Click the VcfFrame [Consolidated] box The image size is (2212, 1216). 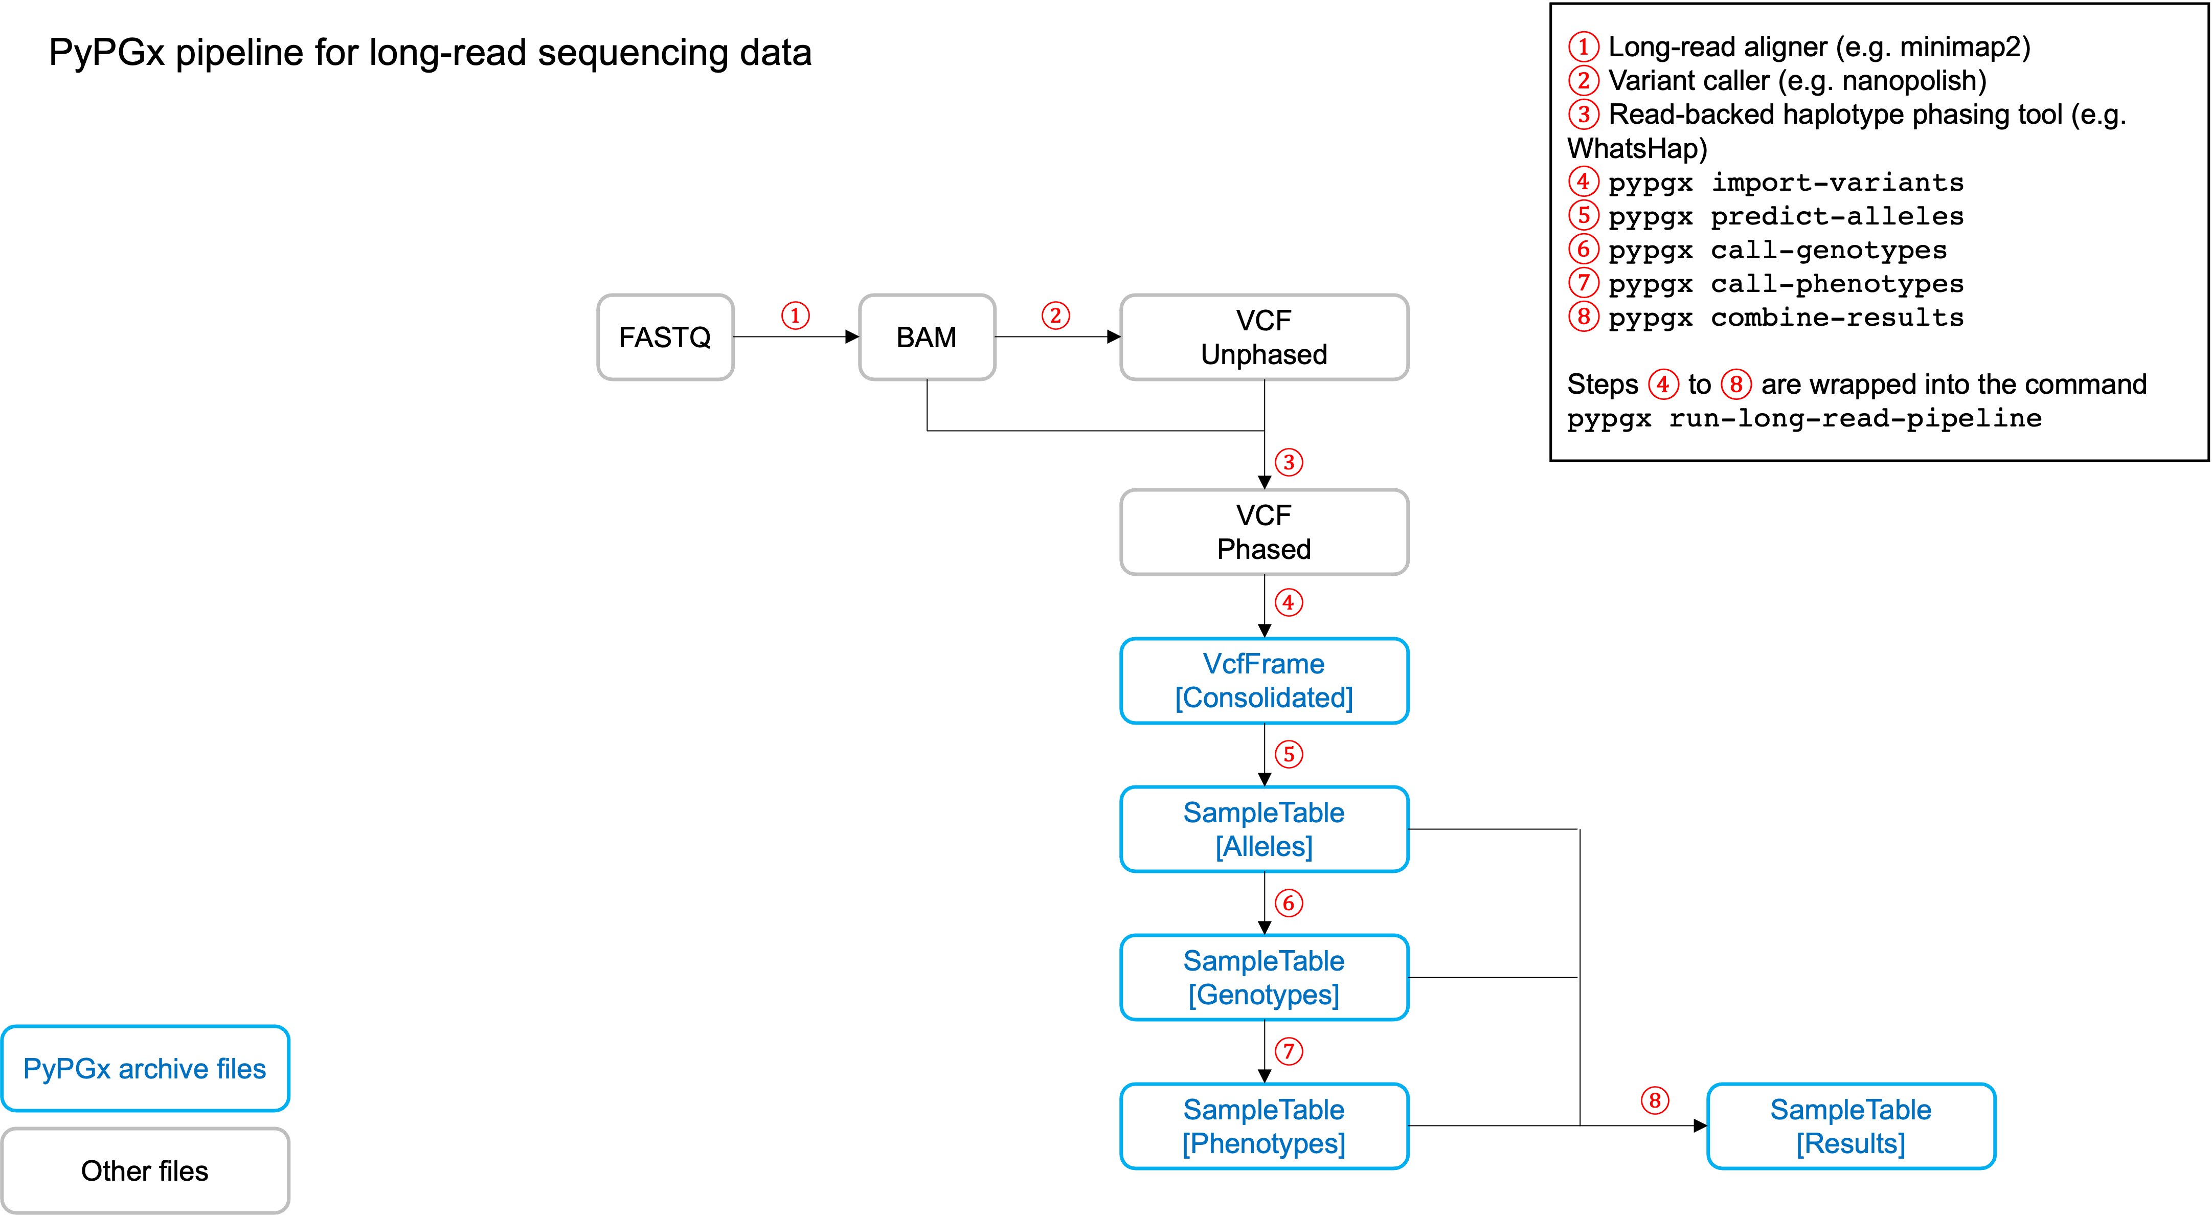pyautogui.click(x=1264, y=680)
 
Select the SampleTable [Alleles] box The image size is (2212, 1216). pyautogui.click(x=1264, y=829)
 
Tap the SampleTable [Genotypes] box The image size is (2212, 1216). pyautogui.click(x=1264, y=977)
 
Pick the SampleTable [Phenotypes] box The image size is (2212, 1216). pyautogui.click(x=1264, y=1126)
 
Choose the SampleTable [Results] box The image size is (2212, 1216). pyautogui.click(x=1850, y=1126)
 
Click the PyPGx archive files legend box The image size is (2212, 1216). pyautogui.click(x=145, y=1068)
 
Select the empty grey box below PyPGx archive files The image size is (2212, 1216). pyautogui.click(x=145, y=1170)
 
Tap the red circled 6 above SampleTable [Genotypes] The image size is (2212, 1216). pyautogui.click(x=1288, y=903)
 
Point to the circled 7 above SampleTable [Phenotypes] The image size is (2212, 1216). pyautogui.click(x=1288, y=1051)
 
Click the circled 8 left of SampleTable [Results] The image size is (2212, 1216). pyautogui.click(x=1655, y=1100)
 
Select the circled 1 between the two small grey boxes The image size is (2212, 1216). pyautogui.click(x=795, y=315)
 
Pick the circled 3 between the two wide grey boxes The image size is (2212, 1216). pyautogui.click(x=1288, y=462)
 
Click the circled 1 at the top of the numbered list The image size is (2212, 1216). pyautogui.click(x=1584, y=47)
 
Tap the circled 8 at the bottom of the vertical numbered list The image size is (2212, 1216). pyautogui.click(x=1584, y=316)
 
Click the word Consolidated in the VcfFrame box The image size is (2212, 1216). pyautogui.click(x=1264, y=697)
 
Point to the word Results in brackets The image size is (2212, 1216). pyautogui.click(x=1850, y=1143)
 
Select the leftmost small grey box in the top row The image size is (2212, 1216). pyautogui.click(x=665, y=336)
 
